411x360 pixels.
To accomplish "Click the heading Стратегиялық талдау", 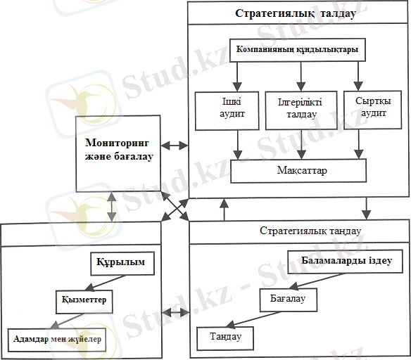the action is [296, 13].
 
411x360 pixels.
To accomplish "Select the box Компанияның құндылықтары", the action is [298, 50].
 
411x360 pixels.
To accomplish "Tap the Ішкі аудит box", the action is [227, 111].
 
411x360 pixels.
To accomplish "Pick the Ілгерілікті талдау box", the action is [301, 110].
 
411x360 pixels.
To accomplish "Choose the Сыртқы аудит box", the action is [372, 110].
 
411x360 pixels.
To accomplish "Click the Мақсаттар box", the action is [298, 171].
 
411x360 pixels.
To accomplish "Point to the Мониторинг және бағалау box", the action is [118, 154].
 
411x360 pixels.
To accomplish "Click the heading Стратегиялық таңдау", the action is [310, 231].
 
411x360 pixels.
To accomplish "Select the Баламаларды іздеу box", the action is [346, 262].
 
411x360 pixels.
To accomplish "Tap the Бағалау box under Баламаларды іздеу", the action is [289, 300].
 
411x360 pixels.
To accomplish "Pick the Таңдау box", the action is [225, 338].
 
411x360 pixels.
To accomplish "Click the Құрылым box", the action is [122, 264].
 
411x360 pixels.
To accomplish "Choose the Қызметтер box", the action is [84, 302].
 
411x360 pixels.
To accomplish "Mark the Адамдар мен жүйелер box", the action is [57, 340].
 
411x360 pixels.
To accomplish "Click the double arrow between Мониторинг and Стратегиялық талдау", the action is [175, 146].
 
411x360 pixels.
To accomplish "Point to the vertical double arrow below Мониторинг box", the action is [112, 207].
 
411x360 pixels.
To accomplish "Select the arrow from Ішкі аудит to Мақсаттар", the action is [238, 145].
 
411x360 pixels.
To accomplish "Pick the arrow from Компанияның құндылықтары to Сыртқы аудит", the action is [358, 76].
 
